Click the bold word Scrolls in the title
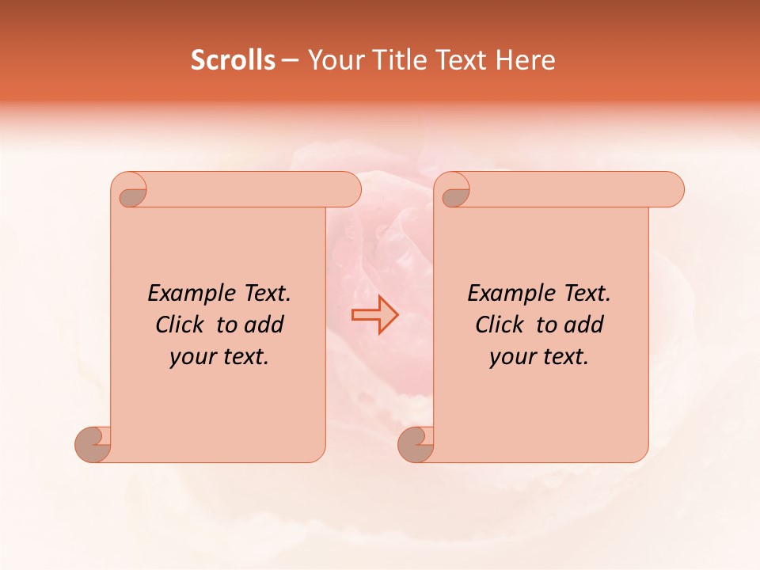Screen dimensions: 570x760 coord(233,60)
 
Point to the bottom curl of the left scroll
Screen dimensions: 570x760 coord(93,443)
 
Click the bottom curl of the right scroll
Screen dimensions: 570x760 coord(416,443)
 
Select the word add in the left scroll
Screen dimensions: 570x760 coord(264,325)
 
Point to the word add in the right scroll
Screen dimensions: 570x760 coord(584,325)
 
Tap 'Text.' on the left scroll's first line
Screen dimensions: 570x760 coord(267,293)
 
